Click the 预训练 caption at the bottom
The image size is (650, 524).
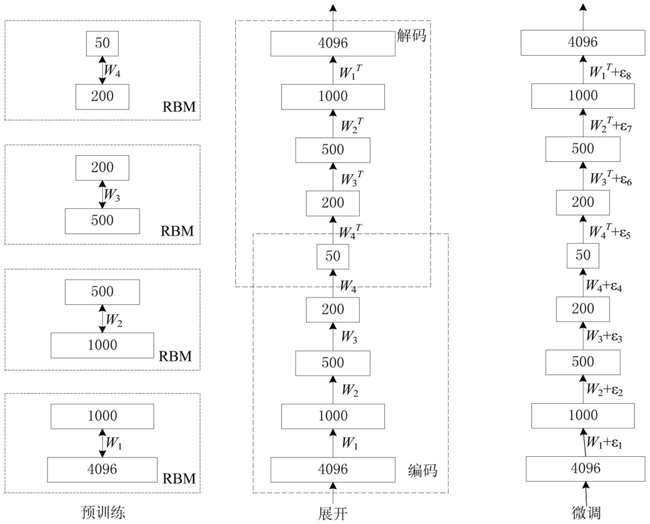[x=102, y=513]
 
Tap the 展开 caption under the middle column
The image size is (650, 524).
[x=332, y=513]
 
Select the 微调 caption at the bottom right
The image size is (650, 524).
[x=583, y=513]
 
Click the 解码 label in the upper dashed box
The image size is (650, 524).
[x=411, y=36]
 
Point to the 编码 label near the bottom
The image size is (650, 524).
[x=422, y=470]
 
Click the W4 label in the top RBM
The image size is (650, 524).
[x=112, y=70]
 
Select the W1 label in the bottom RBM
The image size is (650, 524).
[x=112, y=443]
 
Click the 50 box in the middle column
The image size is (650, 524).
[x=332, y=256]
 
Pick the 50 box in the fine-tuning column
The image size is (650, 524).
[x=583, y=255]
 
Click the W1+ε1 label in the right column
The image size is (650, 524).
[x=605, y=443]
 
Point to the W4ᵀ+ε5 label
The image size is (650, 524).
[x=609, y=231]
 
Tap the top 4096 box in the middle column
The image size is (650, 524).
[x=332, y=44]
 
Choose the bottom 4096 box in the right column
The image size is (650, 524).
[x=583, y=468]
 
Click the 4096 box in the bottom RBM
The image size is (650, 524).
[x=102, y=468]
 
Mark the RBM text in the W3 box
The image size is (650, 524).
[x=177, y=231]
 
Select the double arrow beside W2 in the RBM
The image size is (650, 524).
[x=102, y=318]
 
